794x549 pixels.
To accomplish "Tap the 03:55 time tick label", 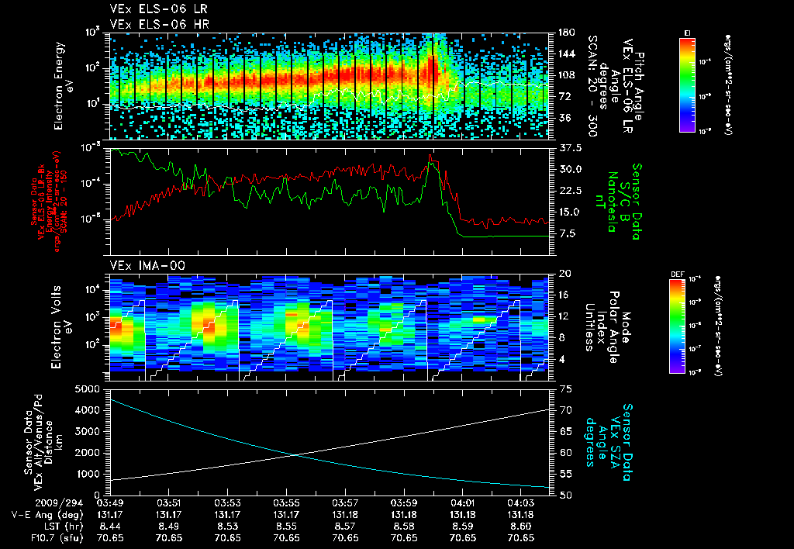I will (x=287, y=502).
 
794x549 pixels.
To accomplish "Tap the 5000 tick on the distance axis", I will (x=91, y=388).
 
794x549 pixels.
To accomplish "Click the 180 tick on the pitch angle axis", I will (x=564, y=33).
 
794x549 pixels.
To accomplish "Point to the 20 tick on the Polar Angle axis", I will (x=564, y=274).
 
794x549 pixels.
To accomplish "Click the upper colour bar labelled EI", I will (x=687, y=84).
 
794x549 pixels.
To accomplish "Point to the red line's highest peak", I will (x=430, y=155).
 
